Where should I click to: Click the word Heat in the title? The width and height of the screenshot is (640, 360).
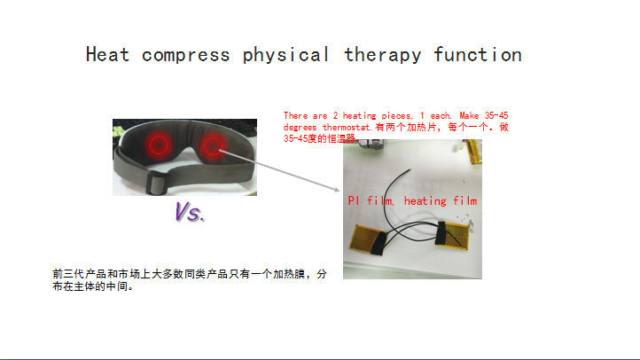[x=108, y=54]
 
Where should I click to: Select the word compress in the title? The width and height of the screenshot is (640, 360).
[x=186, y=56]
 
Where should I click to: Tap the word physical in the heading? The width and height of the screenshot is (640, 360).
[x=285, y=55]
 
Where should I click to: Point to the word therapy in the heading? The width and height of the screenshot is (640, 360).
[x=382, y=55]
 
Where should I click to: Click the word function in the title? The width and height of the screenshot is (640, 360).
[x=478, y=54]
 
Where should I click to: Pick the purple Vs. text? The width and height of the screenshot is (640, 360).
[x=190, y=212]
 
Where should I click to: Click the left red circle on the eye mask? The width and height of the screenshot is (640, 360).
[x=159, y=145]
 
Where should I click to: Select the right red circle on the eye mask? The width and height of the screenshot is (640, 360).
[x=213, y=146]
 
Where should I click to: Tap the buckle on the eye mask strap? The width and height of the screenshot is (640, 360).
[x=157, y=183]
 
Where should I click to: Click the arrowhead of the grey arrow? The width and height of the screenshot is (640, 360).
[x=337, y=190]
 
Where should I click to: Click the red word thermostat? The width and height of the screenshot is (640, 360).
[x=347, y=128]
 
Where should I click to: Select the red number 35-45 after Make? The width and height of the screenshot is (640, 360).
[x=496, y=115]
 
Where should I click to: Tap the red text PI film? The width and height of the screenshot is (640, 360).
[x=371, y=200]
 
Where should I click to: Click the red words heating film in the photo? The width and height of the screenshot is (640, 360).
[x=441, y=200]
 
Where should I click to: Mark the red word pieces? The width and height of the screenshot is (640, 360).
[x=396, y=116]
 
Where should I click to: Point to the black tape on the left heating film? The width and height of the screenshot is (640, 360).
[x=379, y=242]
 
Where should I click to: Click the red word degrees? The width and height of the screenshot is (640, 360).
[x=300, y=128]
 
